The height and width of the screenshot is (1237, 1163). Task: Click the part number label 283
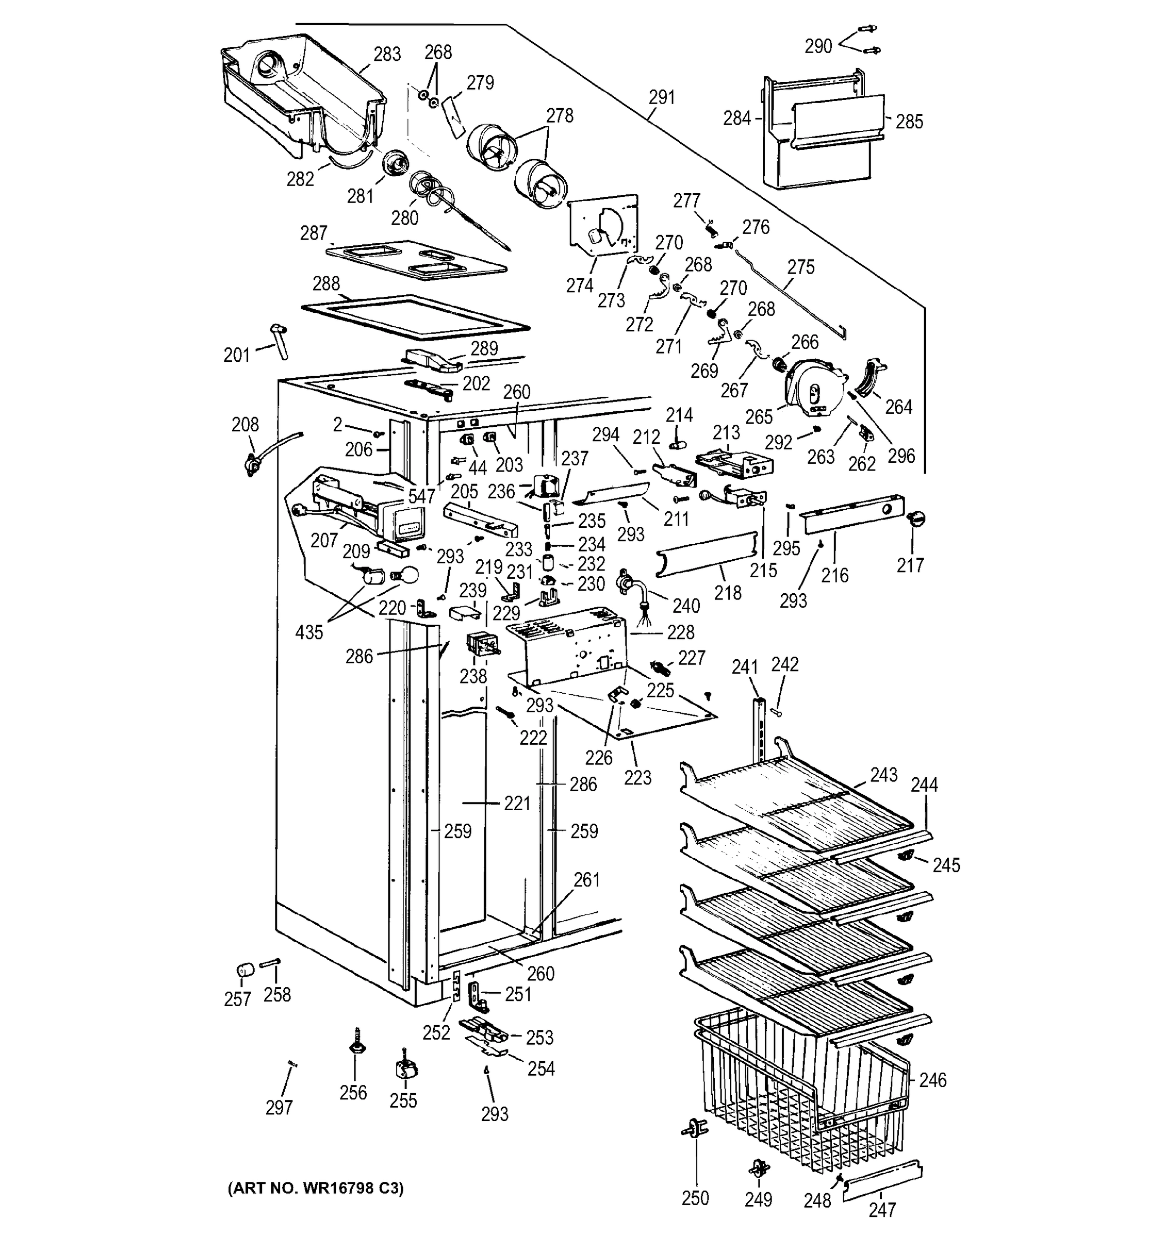pos(387,55)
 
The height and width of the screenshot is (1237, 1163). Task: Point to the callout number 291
pos(661,98)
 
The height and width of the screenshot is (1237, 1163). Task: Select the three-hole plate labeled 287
pos(416,259)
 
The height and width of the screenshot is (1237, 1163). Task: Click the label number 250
pos(695,1198)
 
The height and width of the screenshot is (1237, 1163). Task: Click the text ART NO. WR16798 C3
pos(315,1189)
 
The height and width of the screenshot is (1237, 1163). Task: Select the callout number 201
pos(237,355)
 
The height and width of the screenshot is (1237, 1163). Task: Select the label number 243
pos(883,775)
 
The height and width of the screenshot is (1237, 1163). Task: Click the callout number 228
pos(680,632)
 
